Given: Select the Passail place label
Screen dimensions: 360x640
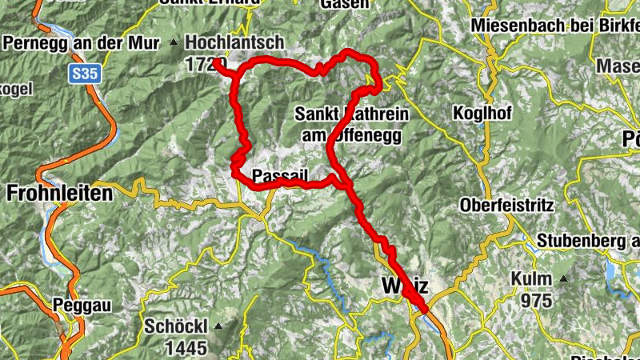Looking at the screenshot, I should tap(275, 175).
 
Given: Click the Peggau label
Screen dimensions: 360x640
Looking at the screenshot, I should tap(81, 304).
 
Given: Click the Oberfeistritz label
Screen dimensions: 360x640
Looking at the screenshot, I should tap(506, 206).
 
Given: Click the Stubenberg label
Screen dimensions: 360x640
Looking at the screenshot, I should tap(588, 240).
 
